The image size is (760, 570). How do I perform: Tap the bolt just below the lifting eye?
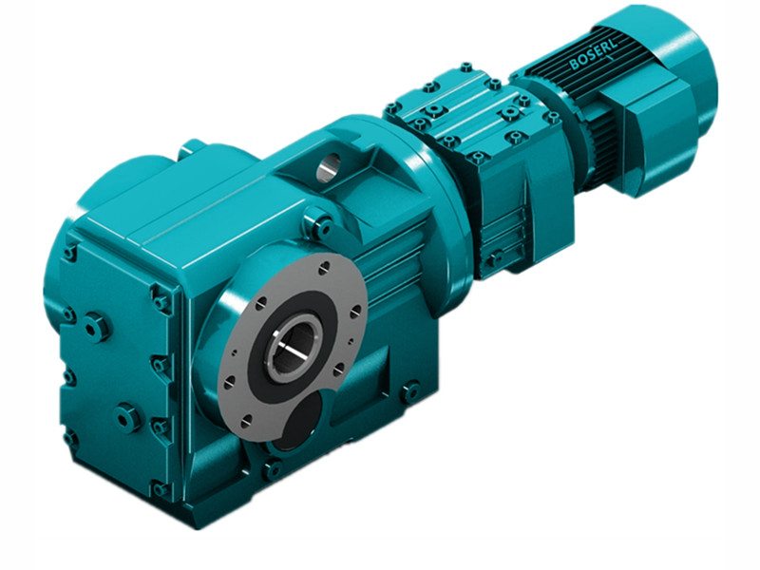tap(321, 225)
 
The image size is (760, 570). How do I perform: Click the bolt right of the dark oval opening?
tap(409, 390)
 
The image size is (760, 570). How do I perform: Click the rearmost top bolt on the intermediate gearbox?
tap(465, 67)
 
